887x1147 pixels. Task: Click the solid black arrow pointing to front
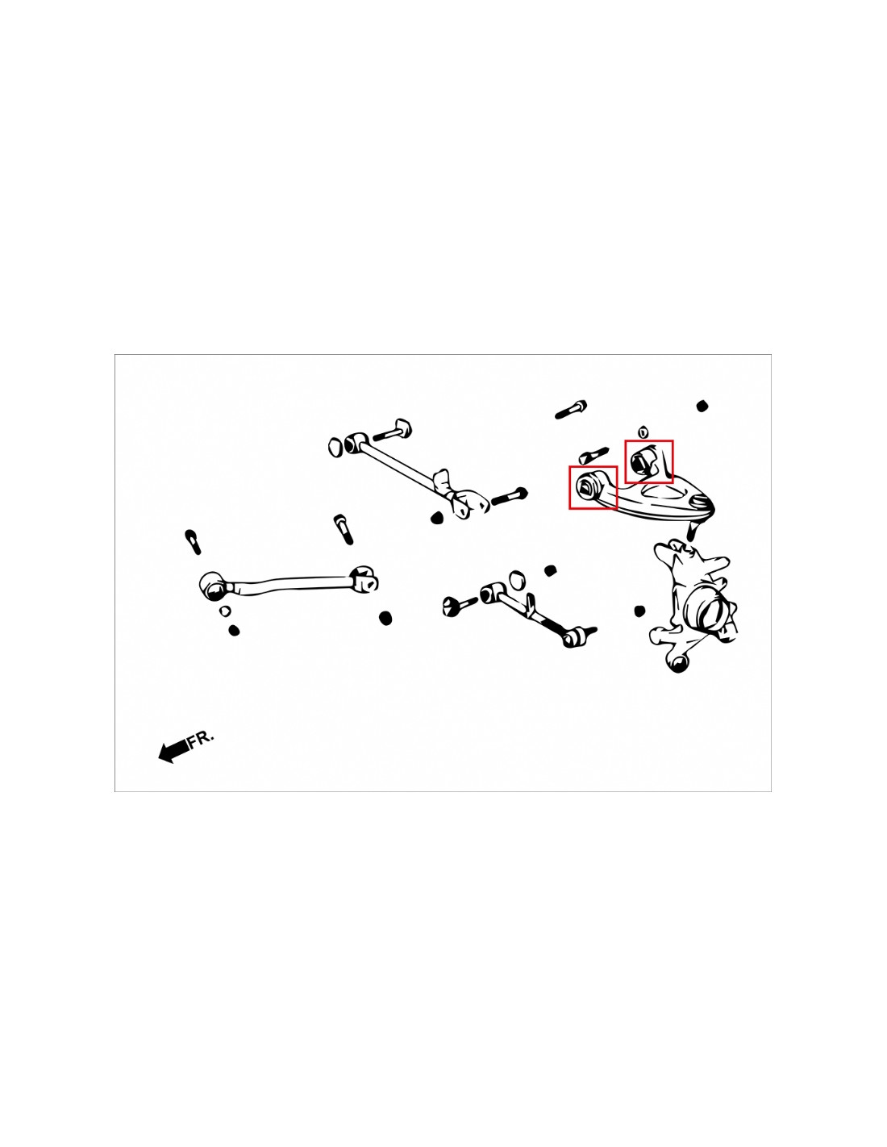pyautogui.click(x=173, y=750)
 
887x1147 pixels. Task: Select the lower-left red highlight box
pyautogui.click(x=593, y=487)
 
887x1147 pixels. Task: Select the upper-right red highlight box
pyautogui.click(x=648, y=461)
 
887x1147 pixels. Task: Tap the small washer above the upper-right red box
pyautogui.click(x=642, y=432)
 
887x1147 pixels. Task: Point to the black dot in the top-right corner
pyautogui.click(x=702, y=406)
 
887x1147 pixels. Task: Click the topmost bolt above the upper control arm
pyautogui.click(x=572, y=410)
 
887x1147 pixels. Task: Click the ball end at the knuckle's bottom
pyautogui.click(x=679, y=662)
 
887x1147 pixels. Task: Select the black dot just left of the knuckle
pyautogui.click(x=639, y=611)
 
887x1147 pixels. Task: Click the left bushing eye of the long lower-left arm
pyautogui.click(x=214, y=586)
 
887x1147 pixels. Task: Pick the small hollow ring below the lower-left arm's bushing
pyautogui.click(x=225, y=611)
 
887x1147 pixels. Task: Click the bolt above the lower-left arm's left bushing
pyautogui.click(x=193, y=541)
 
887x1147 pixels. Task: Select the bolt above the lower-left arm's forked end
pyautogui.click(x=343, y=529)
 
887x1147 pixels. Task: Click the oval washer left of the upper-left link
pyautogui.click(x=335, y=447)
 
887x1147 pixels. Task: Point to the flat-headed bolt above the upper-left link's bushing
pyautogui.click(x=393, y=430)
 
